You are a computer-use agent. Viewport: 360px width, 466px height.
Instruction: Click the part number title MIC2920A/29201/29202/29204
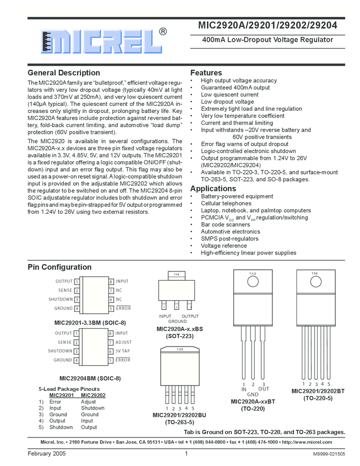click(x=267, y=25)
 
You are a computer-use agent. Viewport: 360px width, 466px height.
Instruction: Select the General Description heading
click(x=64, y=73)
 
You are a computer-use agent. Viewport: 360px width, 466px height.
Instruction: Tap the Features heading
click(x=206, y=73)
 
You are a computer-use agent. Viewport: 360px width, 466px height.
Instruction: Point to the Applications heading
click(x=213, y=189)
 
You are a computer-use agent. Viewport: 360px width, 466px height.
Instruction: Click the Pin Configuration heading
click(x=60, y=267)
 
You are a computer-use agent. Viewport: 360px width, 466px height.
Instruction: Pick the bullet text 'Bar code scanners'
click(x=225, y=225)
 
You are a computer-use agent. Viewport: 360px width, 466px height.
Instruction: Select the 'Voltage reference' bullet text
click(x=224, y=246)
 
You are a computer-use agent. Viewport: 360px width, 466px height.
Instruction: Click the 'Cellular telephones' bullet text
click(x=226, y=203)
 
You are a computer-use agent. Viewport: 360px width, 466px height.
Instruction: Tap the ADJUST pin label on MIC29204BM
click(x=123, y=342)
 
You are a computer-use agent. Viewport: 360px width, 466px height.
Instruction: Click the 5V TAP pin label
click(x=123, y=351)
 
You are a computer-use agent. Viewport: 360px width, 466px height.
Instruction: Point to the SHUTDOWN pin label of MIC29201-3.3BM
click(x=60, y=299)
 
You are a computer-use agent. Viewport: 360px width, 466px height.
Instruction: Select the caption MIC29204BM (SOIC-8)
click(x=90, y=378)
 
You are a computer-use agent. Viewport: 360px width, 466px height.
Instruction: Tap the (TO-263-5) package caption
click(x=179, y=422)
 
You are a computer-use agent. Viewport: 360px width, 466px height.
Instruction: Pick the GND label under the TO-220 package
click(x=253, y=395)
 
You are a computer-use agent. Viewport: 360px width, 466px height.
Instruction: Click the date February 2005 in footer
click(x=47, y=454)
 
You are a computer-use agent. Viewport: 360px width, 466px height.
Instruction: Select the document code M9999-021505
click(x=329, y=454)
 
